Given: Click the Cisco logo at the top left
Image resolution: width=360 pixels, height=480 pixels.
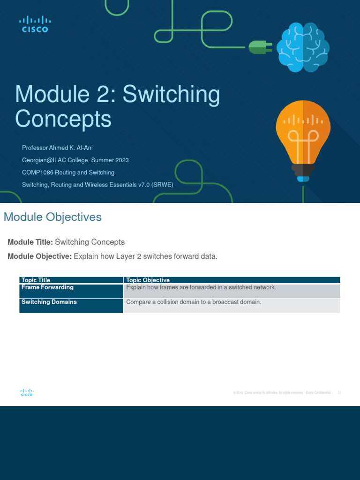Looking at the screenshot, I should (x=35, y=24).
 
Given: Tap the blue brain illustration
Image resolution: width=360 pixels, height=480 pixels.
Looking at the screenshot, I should (x=303, y=48).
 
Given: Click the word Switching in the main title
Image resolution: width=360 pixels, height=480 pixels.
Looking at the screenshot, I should (x=171, y=95).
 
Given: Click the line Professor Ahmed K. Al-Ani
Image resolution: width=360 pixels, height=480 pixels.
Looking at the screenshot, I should (x=57, y=148).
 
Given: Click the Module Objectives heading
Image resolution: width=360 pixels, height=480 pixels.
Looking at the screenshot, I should (x=52, y=217).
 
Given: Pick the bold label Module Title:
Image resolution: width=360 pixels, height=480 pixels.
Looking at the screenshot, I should (x=30, y=242).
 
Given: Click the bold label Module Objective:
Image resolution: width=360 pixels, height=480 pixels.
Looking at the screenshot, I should (x=39, y=256).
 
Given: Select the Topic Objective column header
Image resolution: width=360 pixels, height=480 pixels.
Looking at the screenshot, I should (x=148, y=280).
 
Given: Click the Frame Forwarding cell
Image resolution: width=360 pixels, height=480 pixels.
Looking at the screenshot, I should (x=47, y=287).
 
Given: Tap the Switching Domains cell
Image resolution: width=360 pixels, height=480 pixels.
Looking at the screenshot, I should (x=49, y=302).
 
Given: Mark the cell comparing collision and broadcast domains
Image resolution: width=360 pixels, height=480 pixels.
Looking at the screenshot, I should (x=194, y=302).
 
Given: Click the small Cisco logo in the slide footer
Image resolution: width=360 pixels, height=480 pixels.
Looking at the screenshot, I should (x=26, y=393).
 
